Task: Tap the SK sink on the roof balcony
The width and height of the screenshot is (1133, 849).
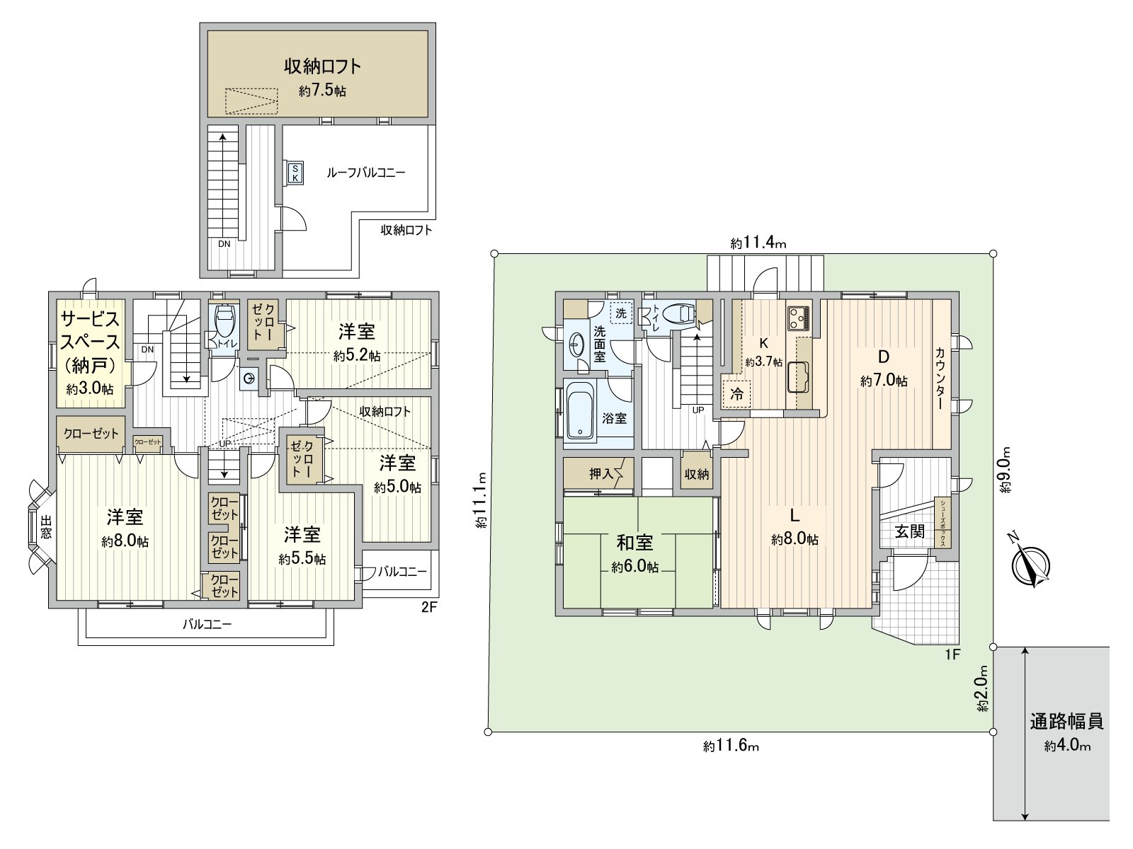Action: [x=295, y=173]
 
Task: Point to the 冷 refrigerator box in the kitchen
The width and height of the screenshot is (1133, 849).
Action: [x=736, y=394]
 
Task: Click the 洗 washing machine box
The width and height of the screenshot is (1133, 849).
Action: [x=621, y=313]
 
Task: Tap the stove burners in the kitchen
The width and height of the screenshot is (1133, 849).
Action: [x=799, y=318]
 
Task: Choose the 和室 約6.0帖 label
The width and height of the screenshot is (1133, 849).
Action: [x=635, y=554]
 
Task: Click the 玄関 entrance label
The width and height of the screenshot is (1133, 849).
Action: [x=909, y=531]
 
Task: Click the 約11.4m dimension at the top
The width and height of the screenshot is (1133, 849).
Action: [x=758, y=243]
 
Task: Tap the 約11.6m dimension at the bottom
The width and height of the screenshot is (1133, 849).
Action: [x=731, y=746]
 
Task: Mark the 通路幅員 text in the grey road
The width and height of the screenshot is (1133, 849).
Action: [x=1066, y=721]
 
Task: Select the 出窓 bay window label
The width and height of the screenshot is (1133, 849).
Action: [x=46, y=527]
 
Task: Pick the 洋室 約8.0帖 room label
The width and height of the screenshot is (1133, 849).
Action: [x=125, y=528]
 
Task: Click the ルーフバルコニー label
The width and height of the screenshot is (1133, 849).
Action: [x=366, y=173]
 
